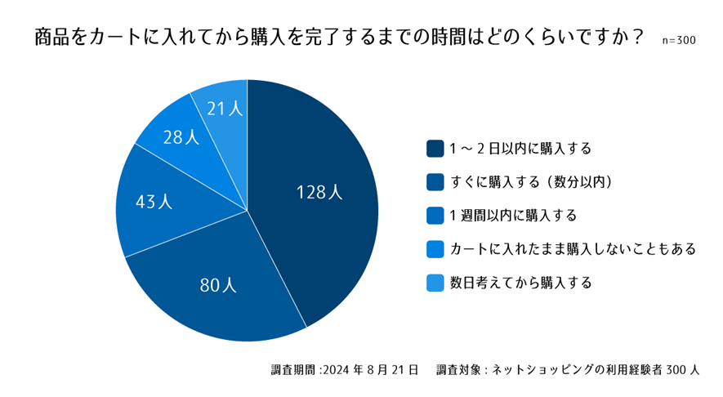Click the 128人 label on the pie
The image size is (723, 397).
(319, 192)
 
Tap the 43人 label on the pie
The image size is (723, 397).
(154, 202)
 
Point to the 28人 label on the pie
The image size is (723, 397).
(181, 137)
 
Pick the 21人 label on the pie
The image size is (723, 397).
(225, 108)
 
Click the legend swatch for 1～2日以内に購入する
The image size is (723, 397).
(435, 149)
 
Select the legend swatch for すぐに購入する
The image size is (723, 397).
(435, 181)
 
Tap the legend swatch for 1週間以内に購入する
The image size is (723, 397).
(435, 216)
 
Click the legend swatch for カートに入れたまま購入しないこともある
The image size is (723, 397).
(435, 249)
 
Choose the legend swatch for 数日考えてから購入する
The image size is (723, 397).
(435, 283)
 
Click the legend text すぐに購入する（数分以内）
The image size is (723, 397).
(531, 181)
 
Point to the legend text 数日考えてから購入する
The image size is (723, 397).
(520, 283)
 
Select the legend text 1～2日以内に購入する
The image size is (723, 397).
(520, 149)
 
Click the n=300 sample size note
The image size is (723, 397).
(679, 40)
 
